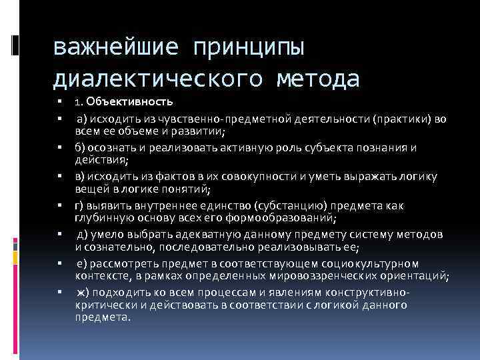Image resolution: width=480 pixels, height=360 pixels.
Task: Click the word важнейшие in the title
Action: coord(114,47)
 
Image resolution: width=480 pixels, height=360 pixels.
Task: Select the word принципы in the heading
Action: coord(249,47)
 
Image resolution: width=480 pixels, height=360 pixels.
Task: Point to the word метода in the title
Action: coord(315,79)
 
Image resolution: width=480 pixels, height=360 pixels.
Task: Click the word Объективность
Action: coord(129,102)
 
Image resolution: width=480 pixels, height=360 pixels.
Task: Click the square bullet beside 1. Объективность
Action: coord(59,103)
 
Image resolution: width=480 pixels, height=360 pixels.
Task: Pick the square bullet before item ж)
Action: coord(59,293)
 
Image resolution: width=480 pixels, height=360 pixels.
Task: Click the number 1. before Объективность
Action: coord(79,102)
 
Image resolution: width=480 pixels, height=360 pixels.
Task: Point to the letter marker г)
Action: coord(81,205)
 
